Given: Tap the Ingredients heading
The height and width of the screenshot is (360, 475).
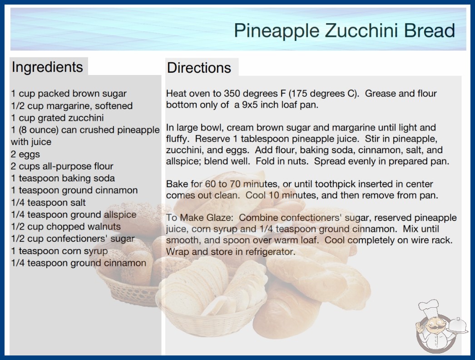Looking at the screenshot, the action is pos(47,67).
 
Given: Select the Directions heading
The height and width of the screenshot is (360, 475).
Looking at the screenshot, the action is pos(199,68).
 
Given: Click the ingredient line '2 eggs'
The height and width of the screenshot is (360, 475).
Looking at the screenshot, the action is pos(25,154).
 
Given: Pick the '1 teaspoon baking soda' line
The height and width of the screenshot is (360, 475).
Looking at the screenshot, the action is pos(63,178).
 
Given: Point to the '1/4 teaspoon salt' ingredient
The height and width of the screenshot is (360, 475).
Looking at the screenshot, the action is pos(49,202).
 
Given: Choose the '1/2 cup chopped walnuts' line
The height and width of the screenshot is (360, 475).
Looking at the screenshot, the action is pos(66,226).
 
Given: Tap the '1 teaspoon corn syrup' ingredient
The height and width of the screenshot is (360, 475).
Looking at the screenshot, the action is pos(59,251).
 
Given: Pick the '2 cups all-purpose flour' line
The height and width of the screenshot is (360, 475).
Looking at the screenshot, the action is pos(62,166).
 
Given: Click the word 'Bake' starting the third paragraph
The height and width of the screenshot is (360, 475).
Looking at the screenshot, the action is pos(175,184).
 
